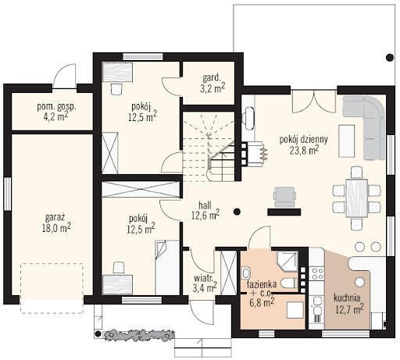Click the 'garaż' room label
pos(55,218)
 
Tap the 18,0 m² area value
pos(56,228)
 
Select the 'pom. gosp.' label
pos(56,107)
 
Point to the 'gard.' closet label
pos(212,77)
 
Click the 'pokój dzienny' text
pos(304,140)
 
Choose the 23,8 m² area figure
pos(305,150)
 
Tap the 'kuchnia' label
pos(347,298)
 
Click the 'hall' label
pos(205,205)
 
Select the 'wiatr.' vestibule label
pos(203,278)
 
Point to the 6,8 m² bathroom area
pos(262,303)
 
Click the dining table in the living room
pos(357,198)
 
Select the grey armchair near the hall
pos(285,197)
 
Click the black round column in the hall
pos(237,212)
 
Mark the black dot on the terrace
pos(390,58)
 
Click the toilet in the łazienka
pos(289,283)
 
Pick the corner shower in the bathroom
pos(287,261)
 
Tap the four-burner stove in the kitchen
pos(317,273)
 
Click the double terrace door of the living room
pos(314,102)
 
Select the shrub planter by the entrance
pos(139,335)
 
